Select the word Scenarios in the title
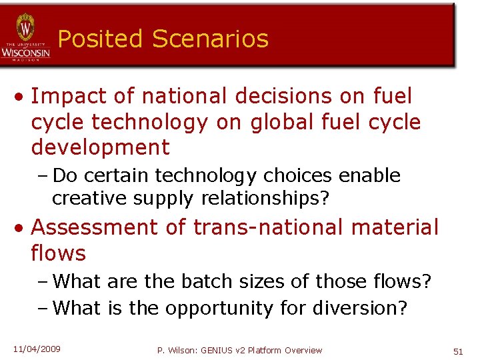(x=210, y=39)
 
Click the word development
(x=100, y=147)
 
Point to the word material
(x=400, y=227)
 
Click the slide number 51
(x=457, y=351)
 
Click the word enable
(x=370, y=175)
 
